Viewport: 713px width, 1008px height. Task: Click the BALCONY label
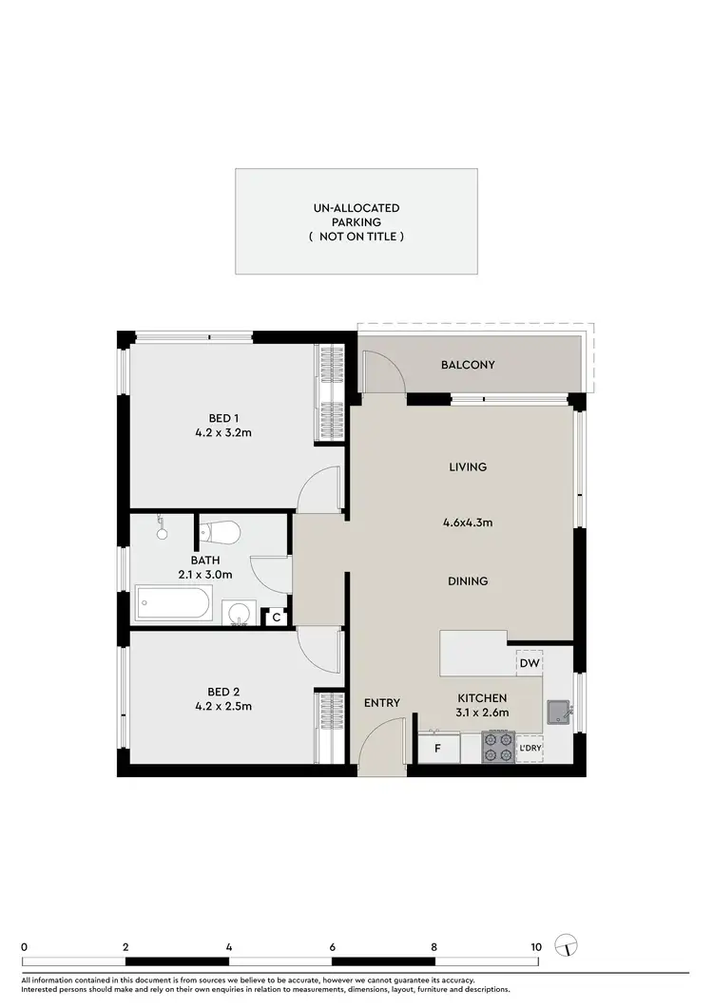click(x=468, y=365)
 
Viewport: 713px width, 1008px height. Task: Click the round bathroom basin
click(x=237, y=613)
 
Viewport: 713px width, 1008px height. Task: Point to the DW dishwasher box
click(x=530, y=662)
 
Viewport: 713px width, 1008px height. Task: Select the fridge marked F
click(x=437, y=749)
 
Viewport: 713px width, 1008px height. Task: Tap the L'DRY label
click(x=529, y=749)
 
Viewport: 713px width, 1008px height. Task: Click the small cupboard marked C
click(x=276, y=618)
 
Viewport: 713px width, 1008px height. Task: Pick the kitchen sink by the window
click(x=557, y=712)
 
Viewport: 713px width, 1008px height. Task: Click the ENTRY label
click(x=382, y=703)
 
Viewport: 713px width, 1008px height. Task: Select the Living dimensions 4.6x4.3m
click(x=467, y=522)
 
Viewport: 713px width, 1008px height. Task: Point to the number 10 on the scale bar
click(x=536, y=946)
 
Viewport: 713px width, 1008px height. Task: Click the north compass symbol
click(x=568, y=946)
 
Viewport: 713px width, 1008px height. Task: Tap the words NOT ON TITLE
click(x=356, y=236)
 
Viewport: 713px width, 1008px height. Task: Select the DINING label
click(x=467, y=581)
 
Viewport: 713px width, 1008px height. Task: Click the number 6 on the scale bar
click(x=333, y=946)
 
